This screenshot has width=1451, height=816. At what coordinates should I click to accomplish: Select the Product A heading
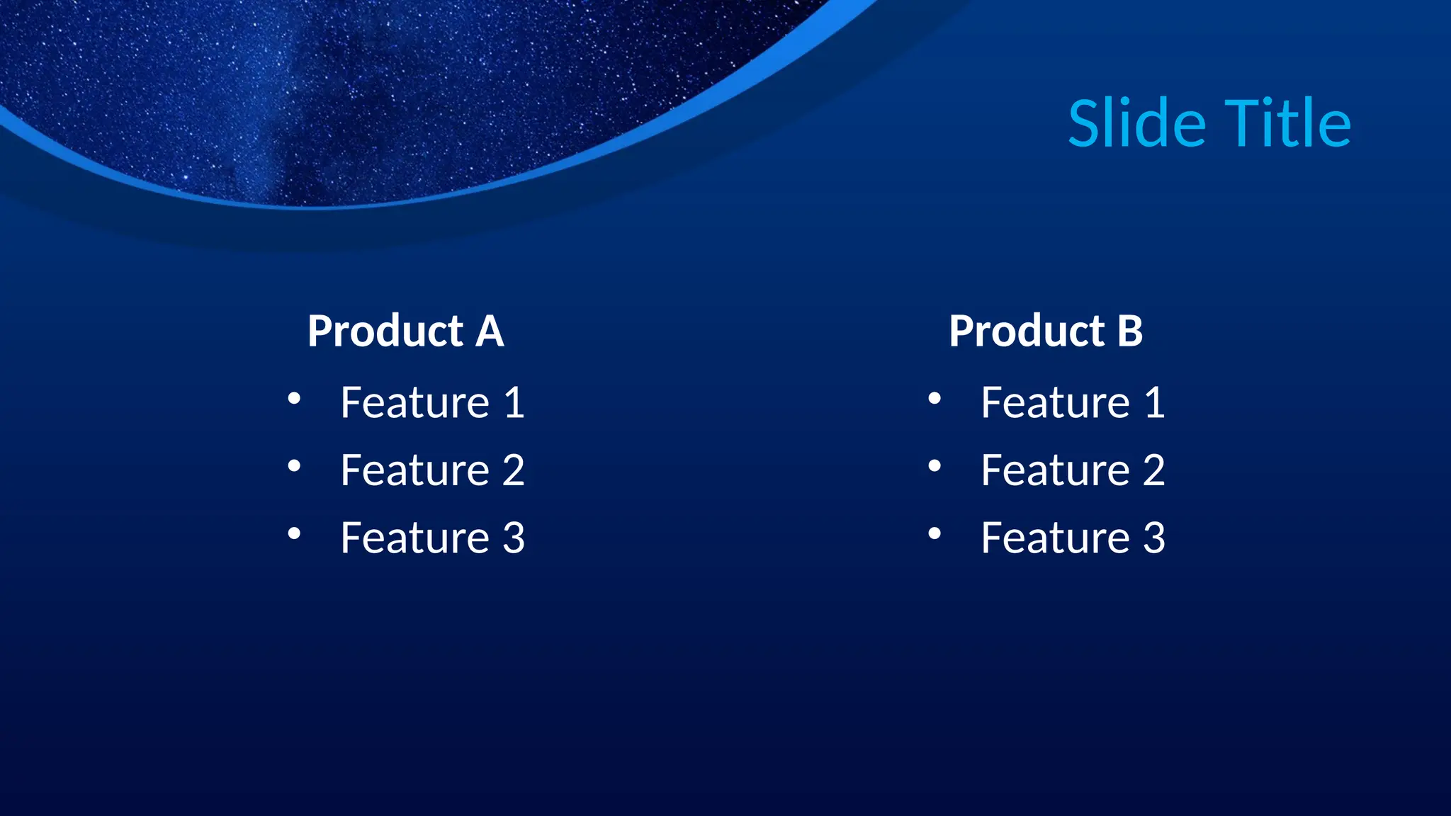click(405, 331)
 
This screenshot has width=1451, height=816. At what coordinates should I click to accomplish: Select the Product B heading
click(1046, 331)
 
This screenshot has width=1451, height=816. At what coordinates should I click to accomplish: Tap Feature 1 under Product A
click(432, 403)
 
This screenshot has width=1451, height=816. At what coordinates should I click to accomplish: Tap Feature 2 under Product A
click(432, 470)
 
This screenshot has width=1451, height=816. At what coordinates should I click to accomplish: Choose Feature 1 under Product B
click(1073, 403)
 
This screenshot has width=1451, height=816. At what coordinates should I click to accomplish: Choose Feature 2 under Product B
click(1073, 470)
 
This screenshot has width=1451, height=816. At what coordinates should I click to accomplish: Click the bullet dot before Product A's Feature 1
click(294, 399)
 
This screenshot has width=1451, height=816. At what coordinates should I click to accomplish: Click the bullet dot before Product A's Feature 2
click(294, 466)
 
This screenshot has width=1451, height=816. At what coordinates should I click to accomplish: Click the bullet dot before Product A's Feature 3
click(294, 533)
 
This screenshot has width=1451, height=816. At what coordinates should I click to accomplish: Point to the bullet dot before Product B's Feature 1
click(935, 399)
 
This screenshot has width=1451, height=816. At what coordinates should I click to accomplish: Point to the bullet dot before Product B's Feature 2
click(935, 466)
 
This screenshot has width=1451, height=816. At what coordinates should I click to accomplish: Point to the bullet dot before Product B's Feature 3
click(935, 533)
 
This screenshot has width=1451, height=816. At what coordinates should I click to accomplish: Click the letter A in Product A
click(490, 331)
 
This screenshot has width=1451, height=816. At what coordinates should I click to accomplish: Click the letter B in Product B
click(1130, 331)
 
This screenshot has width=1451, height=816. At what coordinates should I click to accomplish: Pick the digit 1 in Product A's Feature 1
click(514, 403)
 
